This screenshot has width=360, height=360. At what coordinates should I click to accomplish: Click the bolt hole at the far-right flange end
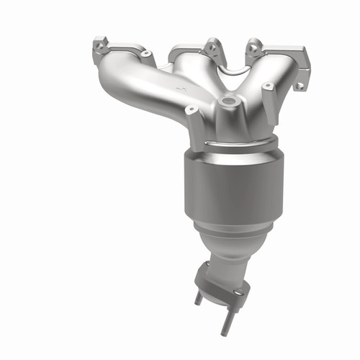pos(299,86)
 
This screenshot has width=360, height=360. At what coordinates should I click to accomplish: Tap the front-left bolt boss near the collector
pos(192,111)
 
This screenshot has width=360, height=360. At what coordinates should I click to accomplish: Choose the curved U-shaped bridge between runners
pos(229,72)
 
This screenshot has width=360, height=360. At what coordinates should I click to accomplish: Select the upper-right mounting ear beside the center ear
pos(253,46)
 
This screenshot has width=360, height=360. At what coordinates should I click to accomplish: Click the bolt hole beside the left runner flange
pos(147,54)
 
